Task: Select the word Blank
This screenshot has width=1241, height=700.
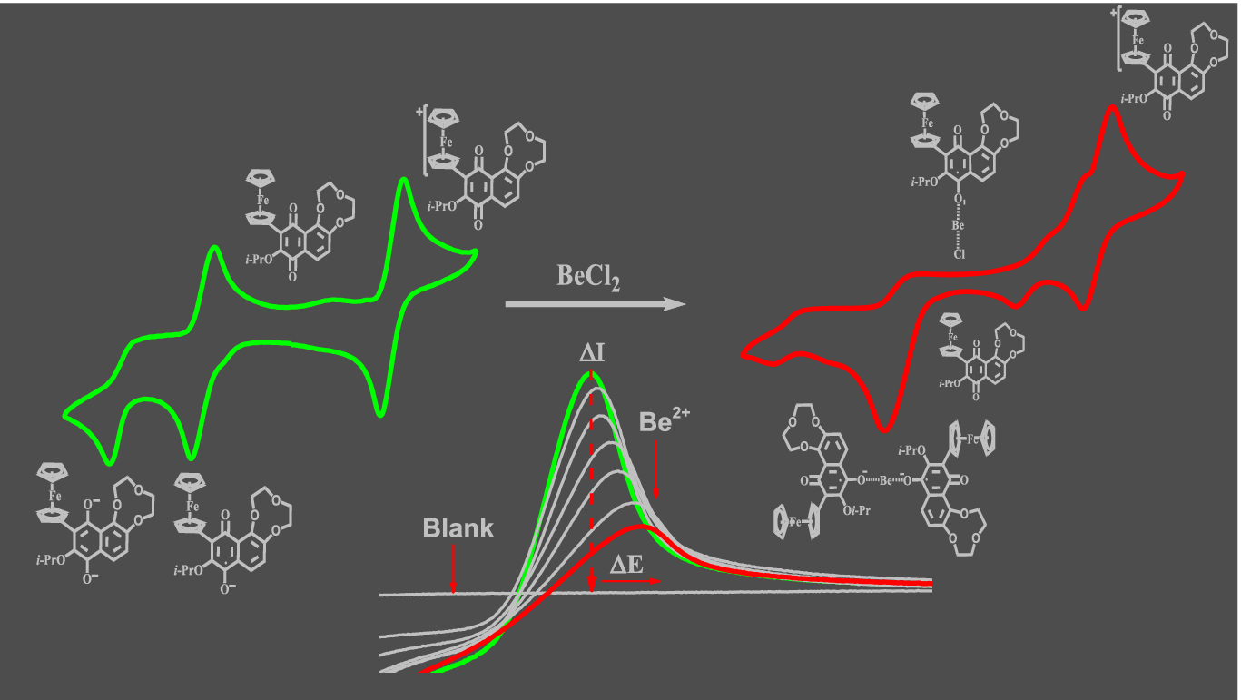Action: tap(458, 527)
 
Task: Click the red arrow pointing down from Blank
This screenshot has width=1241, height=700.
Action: tap(453, 567)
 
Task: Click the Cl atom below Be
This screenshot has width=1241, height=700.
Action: tap(957, 254)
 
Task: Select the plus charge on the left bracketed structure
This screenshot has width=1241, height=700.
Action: tap(421, 113)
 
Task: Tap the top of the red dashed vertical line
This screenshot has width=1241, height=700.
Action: tap(593, 375)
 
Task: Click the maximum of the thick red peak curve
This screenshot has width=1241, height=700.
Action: tap(641, 525)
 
